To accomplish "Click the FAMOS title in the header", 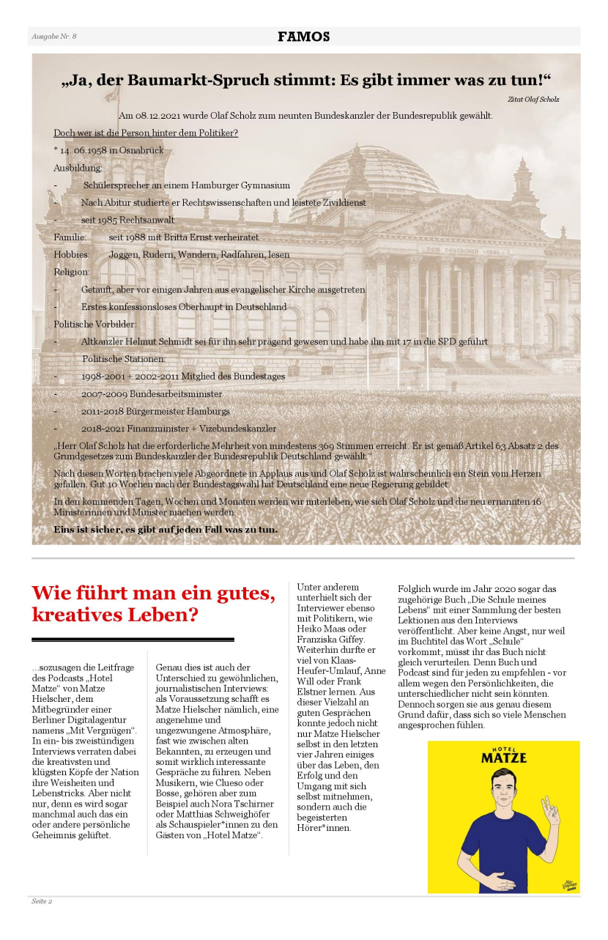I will click(303, 37).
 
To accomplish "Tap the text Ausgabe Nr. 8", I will click(54, 37).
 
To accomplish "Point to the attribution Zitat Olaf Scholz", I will click(533, 99).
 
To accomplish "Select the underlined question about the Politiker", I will click(146, 133).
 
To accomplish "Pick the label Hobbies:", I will click(72, 254).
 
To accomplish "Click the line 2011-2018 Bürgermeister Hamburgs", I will click(155, 411).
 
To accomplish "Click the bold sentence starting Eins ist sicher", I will click(166, 529).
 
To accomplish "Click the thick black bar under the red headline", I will click(133, 640).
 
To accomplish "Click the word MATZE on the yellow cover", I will click(503, 757).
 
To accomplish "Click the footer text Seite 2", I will click(41, 901).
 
